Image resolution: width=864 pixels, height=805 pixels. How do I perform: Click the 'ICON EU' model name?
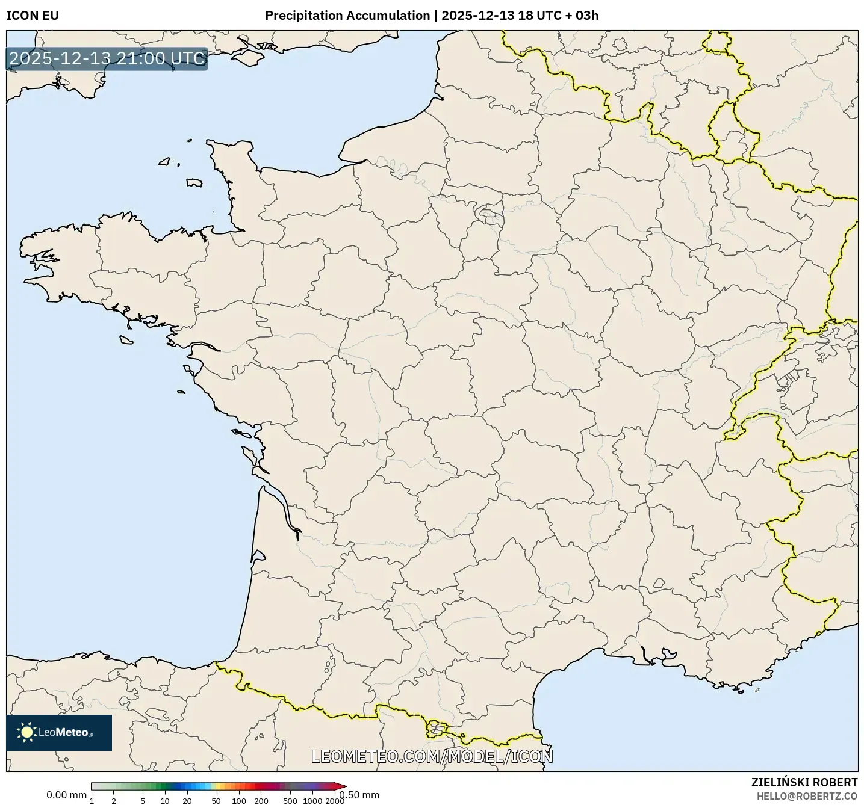(33, 16)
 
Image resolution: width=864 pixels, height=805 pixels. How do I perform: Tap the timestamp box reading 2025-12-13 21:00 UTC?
(107, 58)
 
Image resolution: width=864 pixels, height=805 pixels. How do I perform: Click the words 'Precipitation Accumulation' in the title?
(347, 16)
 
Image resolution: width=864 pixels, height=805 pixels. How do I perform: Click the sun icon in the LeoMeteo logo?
(26, 732)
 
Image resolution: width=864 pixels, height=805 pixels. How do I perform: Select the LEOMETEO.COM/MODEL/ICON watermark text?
(432, 756)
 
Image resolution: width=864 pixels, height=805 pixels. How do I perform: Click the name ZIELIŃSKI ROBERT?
(804, 782)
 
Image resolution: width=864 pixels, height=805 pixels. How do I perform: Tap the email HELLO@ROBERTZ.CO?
(807, 796)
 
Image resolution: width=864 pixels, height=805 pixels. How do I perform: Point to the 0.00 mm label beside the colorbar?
(66, 795)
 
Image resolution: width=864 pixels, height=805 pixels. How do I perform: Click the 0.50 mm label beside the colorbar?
(361, 795)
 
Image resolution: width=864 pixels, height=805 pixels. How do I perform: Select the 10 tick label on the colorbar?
(165, 801)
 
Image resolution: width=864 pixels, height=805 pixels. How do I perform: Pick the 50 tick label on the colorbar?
(216, 801)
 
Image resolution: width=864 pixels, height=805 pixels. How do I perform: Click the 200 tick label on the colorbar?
(261, 801)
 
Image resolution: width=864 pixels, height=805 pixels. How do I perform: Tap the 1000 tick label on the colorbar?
(312, 801)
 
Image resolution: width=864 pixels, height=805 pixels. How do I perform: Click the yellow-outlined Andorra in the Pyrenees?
(437, 730)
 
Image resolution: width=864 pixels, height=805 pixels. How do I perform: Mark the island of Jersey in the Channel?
(194, 182)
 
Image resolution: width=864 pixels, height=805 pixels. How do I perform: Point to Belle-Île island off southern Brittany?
(126, 340)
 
